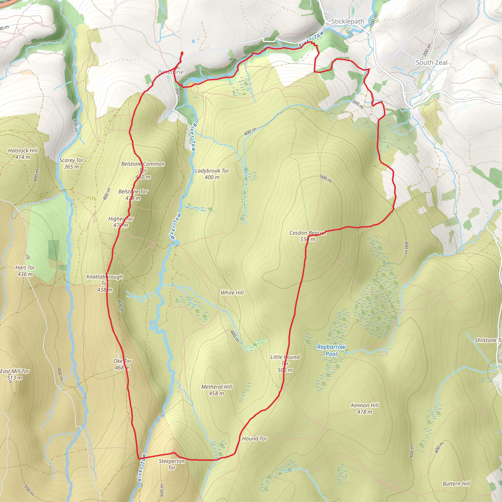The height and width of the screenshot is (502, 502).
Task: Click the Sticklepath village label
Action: pos(347,21)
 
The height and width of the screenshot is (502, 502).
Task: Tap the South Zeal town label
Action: pos(431,62)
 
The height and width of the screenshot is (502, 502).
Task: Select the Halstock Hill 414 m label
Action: pos(23,153)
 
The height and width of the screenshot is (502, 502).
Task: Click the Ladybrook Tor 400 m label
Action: pos(212,174)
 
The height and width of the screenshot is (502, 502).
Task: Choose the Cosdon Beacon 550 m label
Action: pos(308,236)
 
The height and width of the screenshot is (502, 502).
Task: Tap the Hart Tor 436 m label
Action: pos(25,271)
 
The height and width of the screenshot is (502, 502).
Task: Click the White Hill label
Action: pos(232,293)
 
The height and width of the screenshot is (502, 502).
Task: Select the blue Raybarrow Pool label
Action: pos(331,350)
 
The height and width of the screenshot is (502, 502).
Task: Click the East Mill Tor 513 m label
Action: pos(14,374)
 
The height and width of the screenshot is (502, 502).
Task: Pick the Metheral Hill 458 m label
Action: pos(216,390)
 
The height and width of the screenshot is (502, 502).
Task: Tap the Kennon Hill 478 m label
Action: pos(364,408)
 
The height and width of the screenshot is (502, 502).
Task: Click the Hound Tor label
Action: pos(254,439)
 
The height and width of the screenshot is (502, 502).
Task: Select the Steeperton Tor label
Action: pos(172,464)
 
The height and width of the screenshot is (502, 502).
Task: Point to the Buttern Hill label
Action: pos(456,484)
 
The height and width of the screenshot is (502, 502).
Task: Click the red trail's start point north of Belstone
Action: pos(182,53)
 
